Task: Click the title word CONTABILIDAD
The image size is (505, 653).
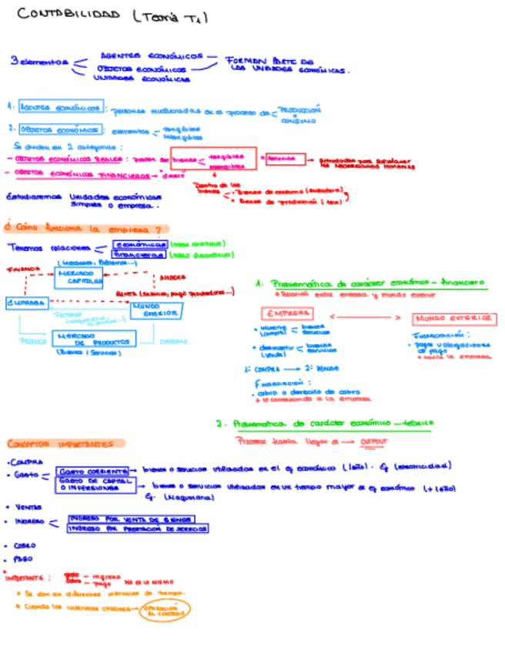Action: click(x=69, y=15)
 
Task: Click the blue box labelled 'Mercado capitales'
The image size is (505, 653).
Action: click(x=80, y=277)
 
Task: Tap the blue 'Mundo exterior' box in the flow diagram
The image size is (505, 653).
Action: click(x=157, y=310)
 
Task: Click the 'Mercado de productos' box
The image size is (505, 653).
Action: click(x=93, y=338)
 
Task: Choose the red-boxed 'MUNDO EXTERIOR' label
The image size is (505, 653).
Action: click(x=454, y=319)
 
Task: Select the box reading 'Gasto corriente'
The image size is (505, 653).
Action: click(x=93, y=470)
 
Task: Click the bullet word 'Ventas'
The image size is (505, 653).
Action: click(x=25, y=507)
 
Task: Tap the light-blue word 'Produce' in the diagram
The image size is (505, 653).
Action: click(x=32, y=340)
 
